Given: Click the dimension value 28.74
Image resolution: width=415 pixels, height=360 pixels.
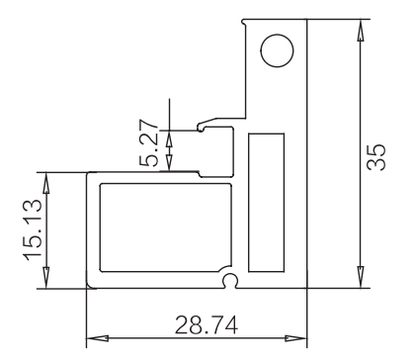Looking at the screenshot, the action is pos(207,325).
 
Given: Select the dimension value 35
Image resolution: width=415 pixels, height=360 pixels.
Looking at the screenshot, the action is pos(376,157).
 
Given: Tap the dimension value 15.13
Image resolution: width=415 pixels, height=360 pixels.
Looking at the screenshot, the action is pos(33,229).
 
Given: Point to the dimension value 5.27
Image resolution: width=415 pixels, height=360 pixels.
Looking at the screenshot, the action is pos(148,142).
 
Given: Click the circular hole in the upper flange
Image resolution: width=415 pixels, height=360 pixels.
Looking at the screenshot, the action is pos(277,50).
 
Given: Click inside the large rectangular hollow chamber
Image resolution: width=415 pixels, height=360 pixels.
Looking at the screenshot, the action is pos(165,227).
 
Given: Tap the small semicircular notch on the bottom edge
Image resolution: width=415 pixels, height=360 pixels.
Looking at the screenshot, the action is pos(230,281).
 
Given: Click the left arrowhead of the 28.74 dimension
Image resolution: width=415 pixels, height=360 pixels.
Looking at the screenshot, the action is pos(98,338).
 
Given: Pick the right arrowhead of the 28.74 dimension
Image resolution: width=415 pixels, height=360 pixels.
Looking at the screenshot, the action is pos(295,338).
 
